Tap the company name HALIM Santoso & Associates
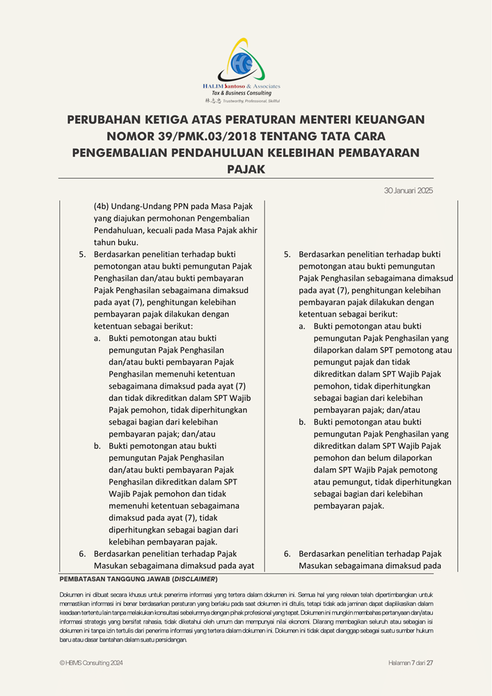[x=241, y=86]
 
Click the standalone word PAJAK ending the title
[x=246, y=169]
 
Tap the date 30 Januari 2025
[x=408, y=190]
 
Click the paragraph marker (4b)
[x=102, y=207]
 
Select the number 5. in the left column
[x=82, y=255]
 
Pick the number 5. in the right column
[x=287, y=255]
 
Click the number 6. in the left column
[x=82, y=554]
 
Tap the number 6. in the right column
[x=287, y=554]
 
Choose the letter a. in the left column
[x=97, y=338]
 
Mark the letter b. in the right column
[x=303, y=422]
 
